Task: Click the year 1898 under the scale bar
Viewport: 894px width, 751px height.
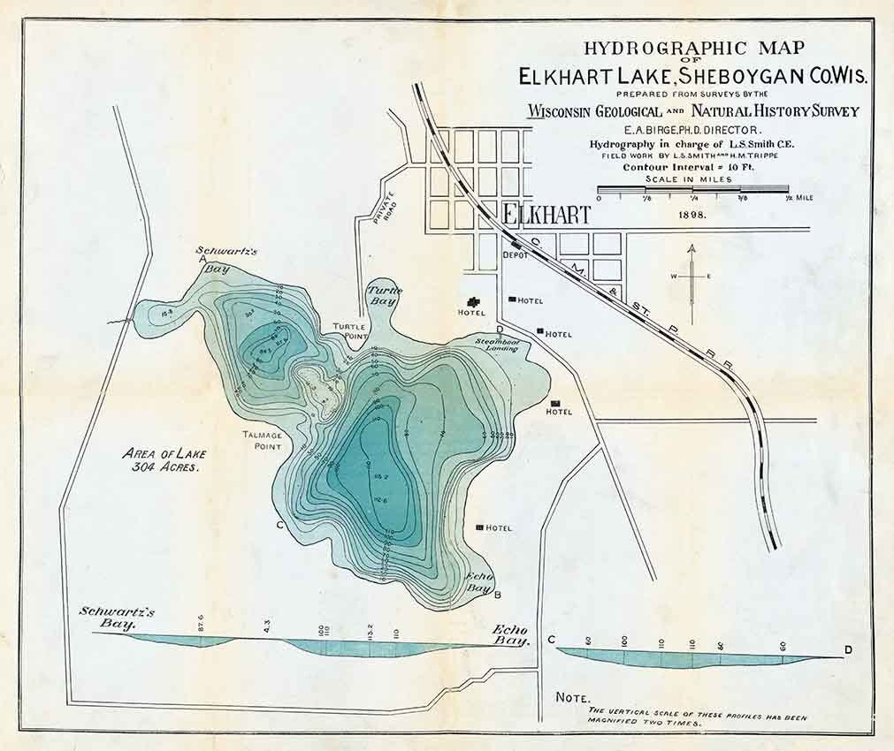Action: click(x=692, y=214)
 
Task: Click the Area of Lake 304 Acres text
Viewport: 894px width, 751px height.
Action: click(x=161, y=460)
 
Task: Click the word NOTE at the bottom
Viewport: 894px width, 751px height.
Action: click(x=573, y=697)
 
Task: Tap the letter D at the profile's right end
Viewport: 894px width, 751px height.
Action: click(x=848, y=651)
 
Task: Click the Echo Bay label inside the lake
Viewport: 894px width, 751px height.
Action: click(x=478, y=581)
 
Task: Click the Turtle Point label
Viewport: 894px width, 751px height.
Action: click(x=349, y=332)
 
